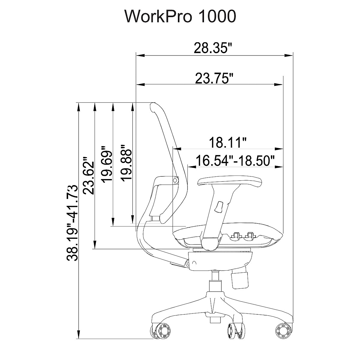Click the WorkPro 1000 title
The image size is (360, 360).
[x=181, y=16]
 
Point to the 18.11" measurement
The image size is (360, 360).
[x=228, y=142]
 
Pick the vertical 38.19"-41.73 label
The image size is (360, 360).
[x=72, y=223]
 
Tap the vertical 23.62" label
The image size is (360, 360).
[x=88, y=176]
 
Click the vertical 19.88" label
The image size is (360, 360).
[x=126, y=163]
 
